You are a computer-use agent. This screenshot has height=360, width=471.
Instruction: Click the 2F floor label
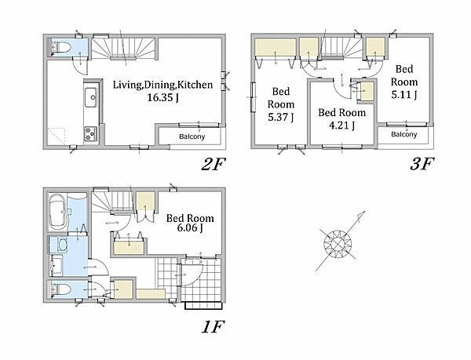[213, 164]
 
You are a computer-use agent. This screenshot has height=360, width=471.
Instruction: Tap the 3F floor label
[422, 164]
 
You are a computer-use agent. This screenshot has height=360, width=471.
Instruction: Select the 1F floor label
[213, 327]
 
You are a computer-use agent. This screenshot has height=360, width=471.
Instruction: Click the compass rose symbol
[339, 242]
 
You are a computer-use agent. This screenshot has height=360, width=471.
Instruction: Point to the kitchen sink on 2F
[91, 97]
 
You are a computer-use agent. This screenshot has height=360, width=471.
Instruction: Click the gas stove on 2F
[90, 133]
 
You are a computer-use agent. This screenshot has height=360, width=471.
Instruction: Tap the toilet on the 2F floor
[61, 47]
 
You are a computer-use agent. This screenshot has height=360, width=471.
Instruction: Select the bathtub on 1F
[57, 212]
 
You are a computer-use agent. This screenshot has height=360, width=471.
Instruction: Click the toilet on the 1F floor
[61, 289]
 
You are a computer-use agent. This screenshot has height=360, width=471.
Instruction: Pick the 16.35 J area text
[162, 97]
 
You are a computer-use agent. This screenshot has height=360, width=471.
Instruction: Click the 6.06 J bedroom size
[190, 228]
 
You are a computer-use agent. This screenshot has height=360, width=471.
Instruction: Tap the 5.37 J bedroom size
[280, 117]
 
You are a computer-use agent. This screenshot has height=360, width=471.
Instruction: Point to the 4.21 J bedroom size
[341, 125]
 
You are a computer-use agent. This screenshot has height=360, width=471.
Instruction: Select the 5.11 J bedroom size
[404, 95]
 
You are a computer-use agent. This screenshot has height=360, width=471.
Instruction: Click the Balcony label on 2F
[192, 136]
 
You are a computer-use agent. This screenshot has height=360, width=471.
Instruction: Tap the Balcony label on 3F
[404, 134]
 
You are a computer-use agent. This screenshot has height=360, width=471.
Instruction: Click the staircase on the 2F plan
[123, 48]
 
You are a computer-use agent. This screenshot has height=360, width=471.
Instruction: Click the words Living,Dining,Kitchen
[162, 85]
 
